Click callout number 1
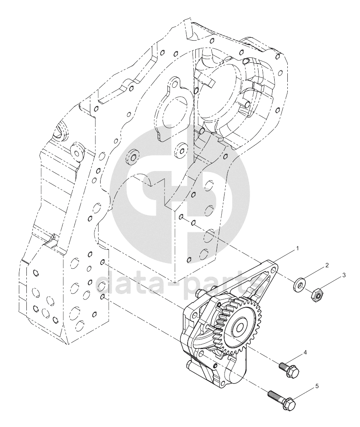tap(298, 248)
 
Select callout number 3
tap(344, 275)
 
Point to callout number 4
tap(305, 352)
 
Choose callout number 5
tap(316, 386)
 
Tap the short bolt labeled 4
tap(289, 369)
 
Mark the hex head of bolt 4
tap(293, 372)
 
